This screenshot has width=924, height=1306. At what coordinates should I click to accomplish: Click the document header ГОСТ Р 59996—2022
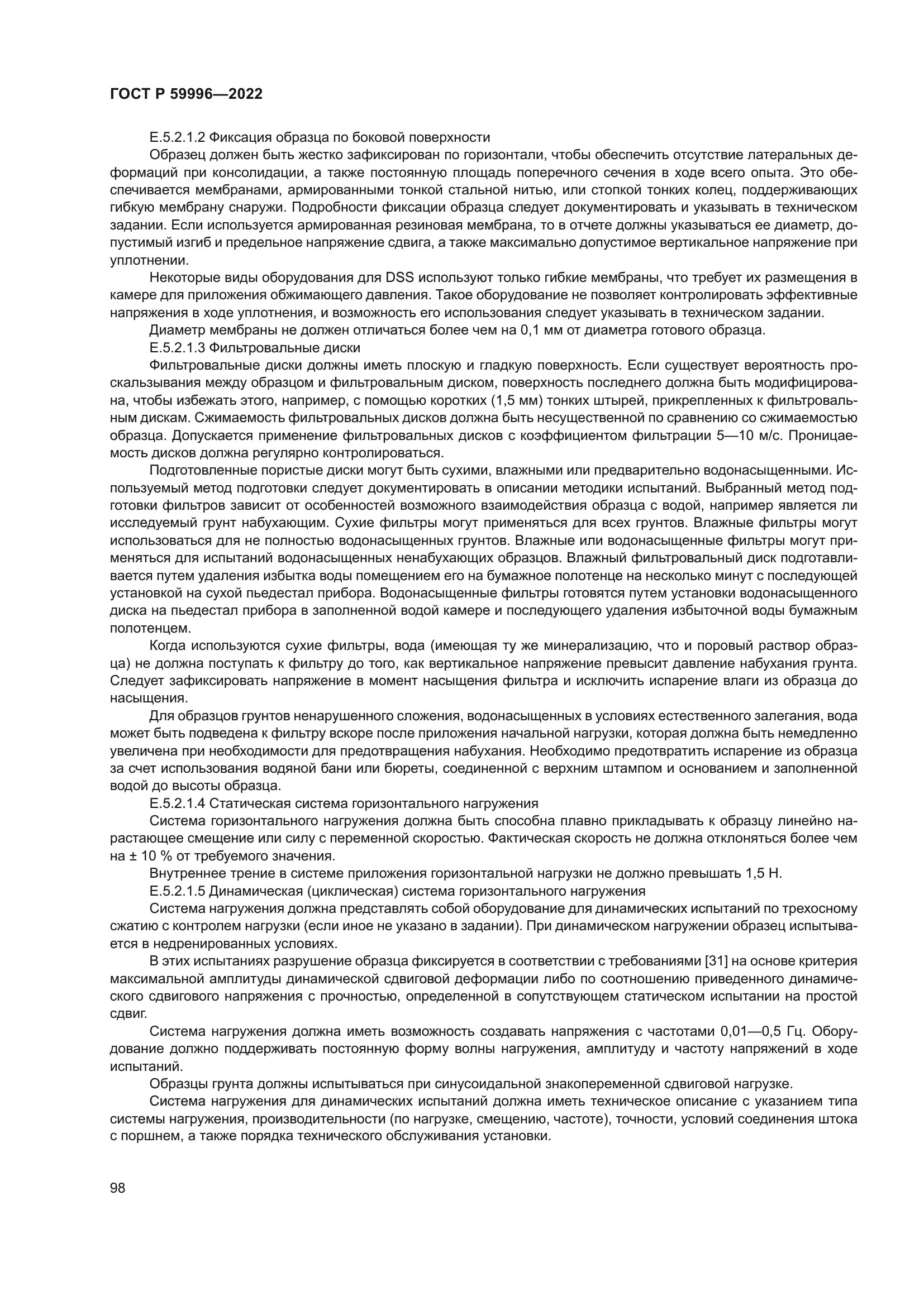(186, 94)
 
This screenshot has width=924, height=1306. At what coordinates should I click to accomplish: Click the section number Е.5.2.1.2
(178, 137)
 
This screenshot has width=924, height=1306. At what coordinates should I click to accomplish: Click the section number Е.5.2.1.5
(178, 891)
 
